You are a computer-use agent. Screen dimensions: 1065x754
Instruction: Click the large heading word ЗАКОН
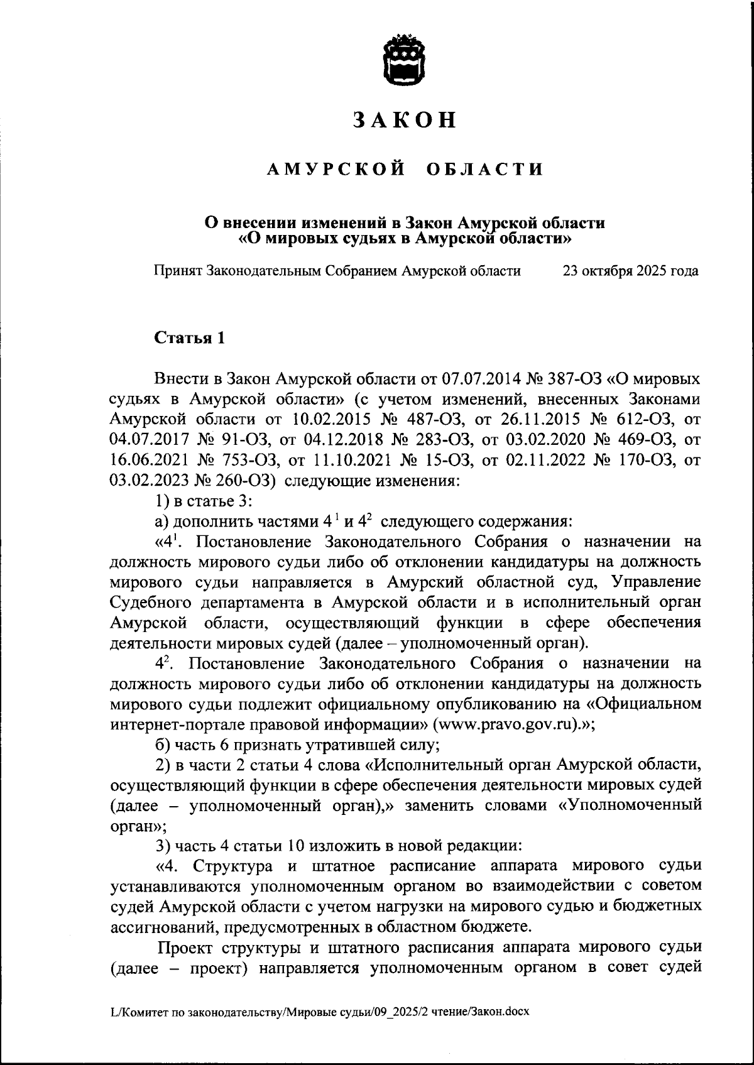point(404,120)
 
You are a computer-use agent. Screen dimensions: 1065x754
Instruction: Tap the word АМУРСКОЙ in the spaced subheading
point(336,169)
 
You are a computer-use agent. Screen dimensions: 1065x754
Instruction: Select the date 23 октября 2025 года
point(630,271)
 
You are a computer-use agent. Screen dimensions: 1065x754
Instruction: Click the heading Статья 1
point(190,337)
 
